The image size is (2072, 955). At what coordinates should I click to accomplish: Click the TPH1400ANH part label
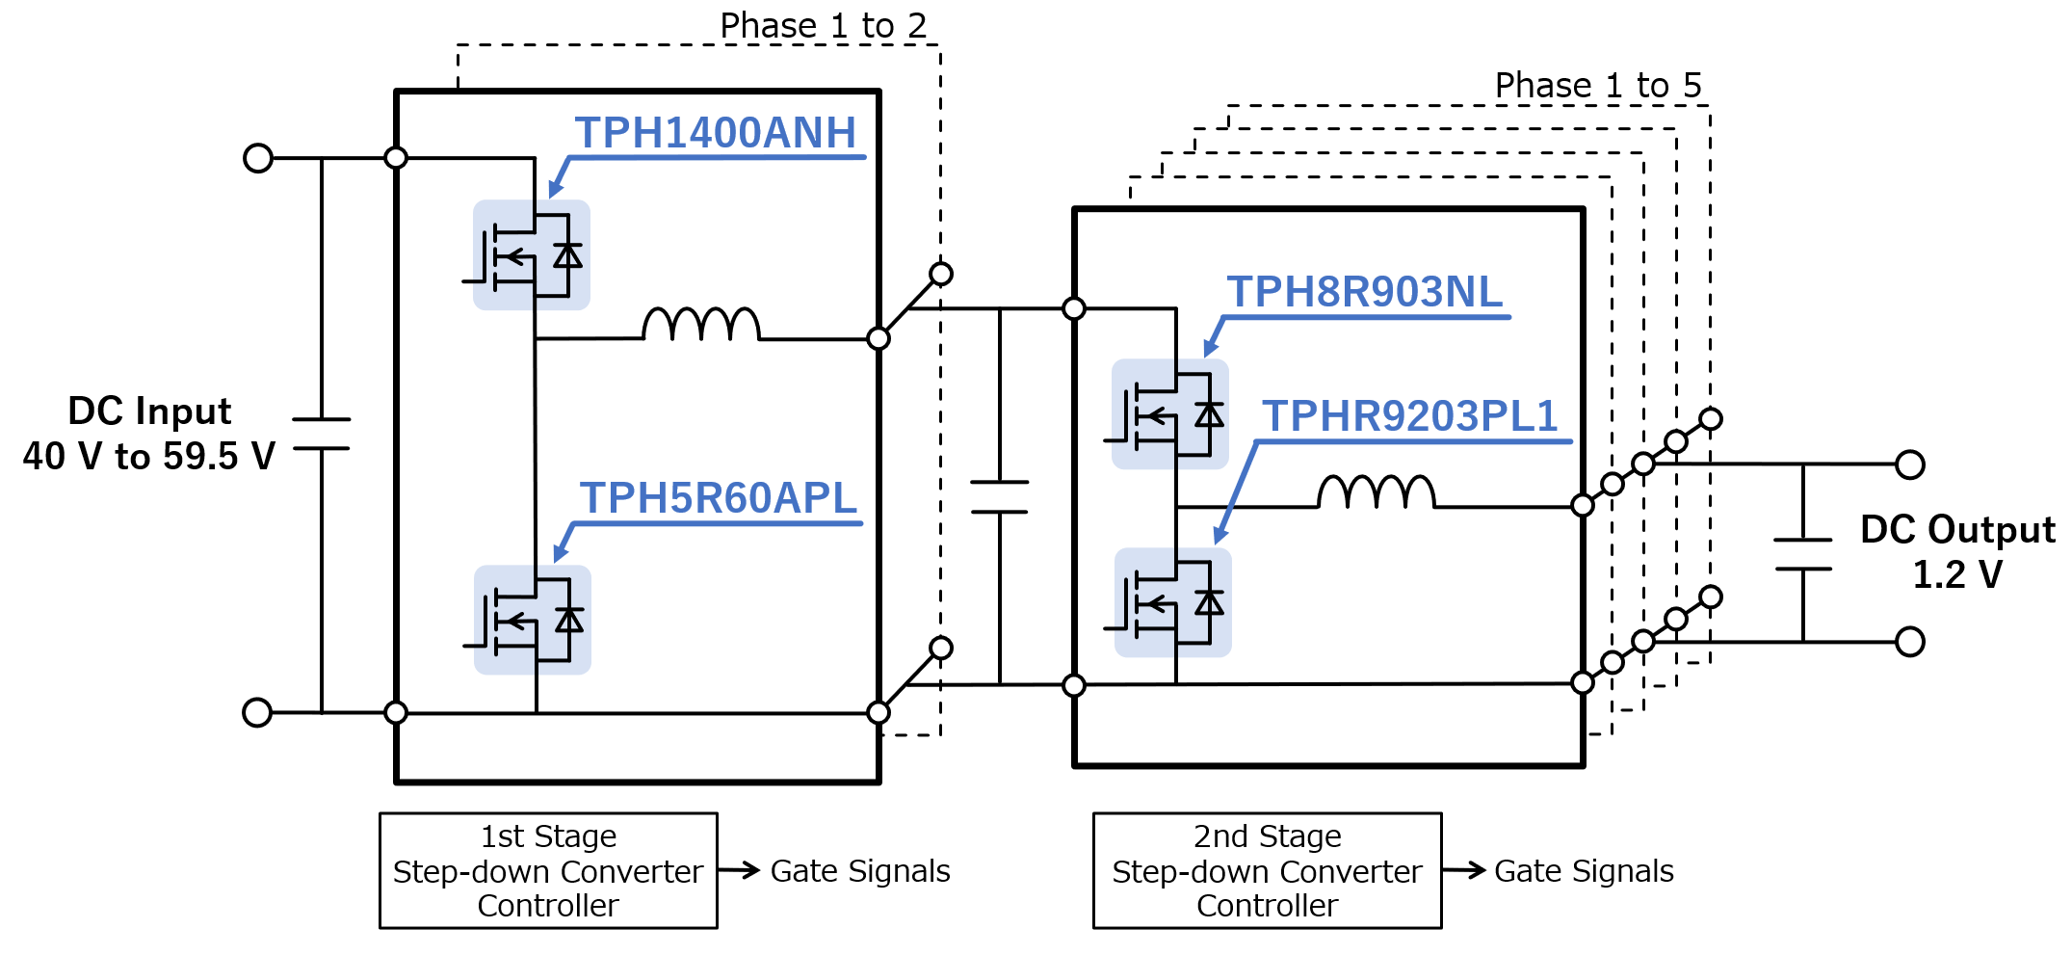pos(715,133)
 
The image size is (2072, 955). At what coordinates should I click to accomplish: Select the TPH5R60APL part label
pos(718,498)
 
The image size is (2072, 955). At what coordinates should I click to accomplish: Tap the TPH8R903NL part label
pos(1364,292)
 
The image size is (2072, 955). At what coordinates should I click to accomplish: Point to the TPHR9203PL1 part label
pos(1410,416)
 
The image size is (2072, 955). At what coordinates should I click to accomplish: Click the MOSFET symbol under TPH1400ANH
pos(531,255)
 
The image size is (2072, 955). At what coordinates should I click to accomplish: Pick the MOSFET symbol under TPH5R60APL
pos(532,620)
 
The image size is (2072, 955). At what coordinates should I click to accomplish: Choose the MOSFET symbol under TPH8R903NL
pos(1169,414)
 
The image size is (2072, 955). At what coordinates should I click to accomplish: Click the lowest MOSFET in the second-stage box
pos(1172,603)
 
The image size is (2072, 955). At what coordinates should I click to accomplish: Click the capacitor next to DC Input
pos(321,434)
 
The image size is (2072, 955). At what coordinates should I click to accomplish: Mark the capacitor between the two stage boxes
pos(1000,496)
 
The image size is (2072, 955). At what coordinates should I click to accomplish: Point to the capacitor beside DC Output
pos(1802,554)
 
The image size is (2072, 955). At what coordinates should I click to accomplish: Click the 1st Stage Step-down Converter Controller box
pos(548,871)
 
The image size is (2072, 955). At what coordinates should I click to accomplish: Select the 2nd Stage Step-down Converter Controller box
pos(1267,871)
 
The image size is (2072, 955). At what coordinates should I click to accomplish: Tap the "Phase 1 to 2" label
pos(823,26)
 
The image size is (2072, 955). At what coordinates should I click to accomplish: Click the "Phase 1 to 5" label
pos(1597,86)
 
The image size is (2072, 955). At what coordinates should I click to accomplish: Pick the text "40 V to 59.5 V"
pos(149,457)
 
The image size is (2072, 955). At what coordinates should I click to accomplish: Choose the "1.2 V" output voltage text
pos(1956,575)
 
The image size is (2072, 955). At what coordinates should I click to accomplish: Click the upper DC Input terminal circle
pos(258,158)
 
